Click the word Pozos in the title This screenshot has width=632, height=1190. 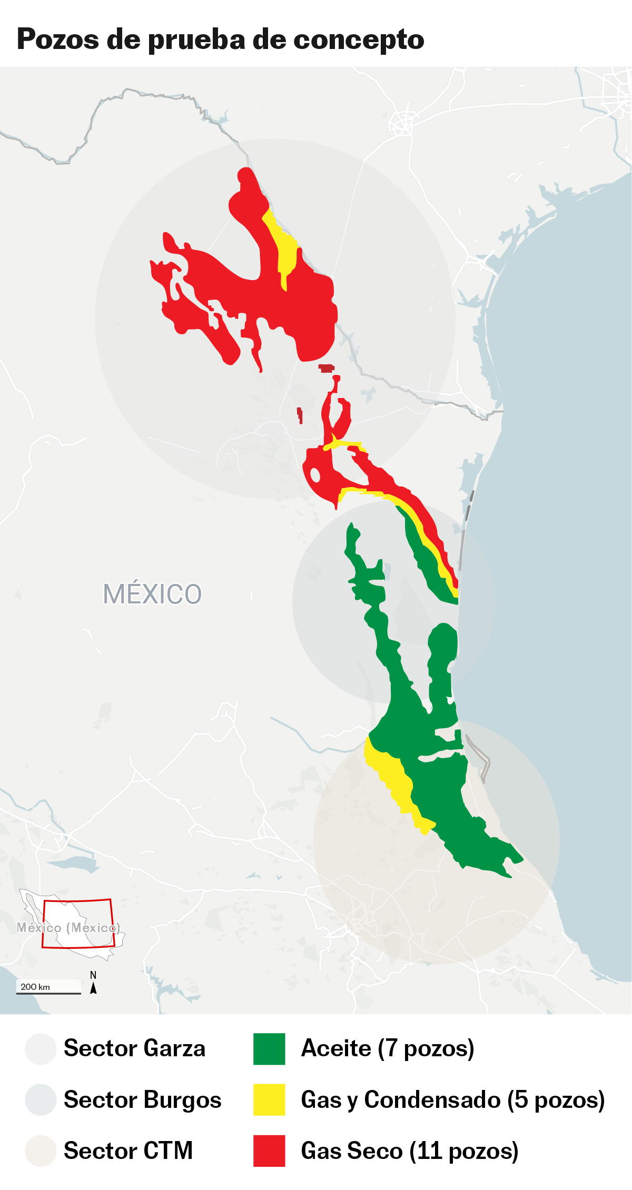coord(58,39)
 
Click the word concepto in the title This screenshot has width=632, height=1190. coord(358,39)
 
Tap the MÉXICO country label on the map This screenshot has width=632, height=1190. coord(152,594)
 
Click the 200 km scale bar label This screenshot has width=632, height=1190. coord(35,987)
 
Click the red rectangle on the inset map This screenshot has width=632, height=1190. coord(78,925)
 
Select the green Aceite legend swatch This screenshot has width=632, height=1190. coord(269,1049)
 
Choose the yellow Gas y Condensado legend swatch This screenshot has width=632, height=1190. coord(269,1100)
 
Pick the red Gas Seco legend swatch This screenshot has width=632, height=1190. coord(269,1151)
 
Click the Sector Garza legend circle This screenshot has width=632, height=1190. coord(41,1049)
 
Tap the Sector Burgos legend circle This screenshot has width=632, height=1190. coord(41,1100)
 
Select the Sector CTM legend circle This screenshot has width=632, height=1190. coord(41,1151)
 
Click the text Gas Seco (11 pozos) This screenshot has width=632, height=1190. coord(409,1151)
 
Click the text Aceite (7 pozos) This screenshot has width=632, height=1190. coord(388,1048)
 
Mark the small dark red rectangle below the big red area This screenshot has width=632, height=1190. coord(327,368)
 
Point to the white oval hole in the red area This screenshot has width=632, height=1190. coord(315,475)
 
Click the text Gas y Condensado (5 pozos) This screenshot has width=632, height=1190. coord(452,1100)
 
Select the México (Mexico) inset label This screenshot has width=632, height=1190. coord(68,927)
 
